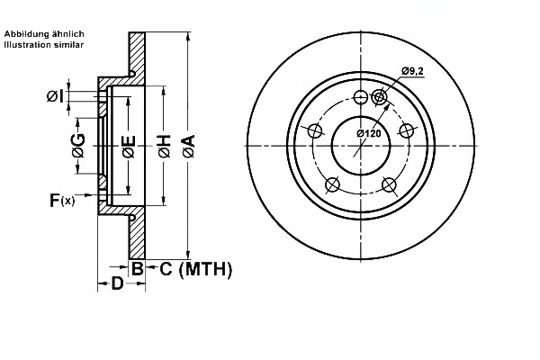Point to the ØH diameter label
pyautogui.click(x=164, y=147)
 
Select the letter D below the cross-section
pyautogui.click(x=118, y=285)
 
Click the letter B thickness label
pyautogui.click(x=138, y=268)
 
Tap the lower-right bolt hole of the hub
pyautogui.click(x=390, y=185)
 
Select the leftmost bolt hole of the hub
pyautogui.click(x=316, y=131)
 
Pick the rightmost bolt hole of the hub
pyautogui.click(x=408, y=131)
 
